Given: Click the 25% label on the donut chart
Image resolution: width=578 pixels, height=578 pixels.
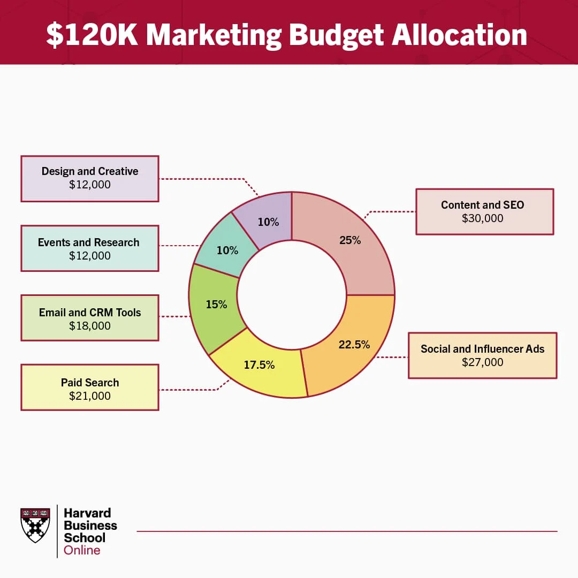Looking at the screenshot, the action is tap(350, 240).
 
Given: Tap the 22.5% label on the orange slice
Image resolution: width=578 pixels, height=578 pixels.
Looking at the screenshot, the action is tap(354, 345).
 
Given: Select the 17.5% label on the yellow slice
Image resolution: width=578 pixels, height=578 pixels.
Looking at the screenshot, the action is tap(259, 365).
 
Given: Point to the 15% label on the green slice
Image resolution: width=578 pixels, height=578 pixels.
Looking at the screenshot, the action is tap(216, 305).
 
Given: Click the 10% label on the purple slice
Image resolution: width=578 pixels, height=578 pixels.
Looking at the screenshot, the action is tap(268, 222).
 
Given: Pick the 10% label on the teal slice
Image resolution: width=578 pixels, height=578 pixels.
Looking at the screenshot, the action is tap(227, 250).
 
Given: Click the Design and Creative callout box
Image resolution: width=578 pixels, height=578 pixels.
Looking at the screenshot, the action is tap(90, 179).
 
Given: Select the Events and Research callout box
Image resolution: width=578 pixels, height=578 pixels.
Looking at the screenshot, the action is tap(90, 248).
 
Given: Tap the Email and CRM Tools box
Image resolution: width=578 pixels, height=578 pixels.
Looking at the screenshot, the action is tap(90, 318).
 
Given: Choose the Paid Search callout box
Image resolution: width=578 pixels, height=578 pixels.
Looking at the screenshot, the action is tap(90, 387).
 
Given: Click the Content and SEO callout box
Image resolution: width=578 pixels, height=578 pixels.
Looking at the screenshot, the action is tap(485, 211).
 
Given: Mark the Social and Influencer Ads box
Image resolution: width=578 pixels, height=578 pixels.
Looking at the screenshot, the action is tap(483, 356).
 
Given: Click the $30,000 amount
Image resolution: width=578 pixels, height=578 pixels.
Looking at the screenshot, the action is tap(483, 218).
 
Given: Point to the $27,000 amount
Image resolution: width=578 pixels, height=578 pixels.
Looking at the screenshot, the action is tap(483, 362).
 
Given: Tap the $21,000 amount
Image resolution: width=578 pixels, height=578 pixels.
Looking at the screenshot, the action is tap(90, 396).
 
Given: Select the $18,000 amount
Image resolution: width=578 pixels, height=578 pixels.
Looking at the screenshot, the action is tap(90, 326).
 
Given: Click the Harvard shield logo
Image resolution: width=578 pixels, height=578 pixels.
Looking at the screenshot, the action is tap(35, 526).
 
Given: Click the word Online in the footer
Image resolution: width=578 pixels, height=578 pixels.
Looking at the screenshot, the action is tap(82, 550).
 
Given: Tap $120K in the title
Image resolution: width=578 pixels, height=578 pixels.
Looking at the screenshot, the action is tap(92, 35).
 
